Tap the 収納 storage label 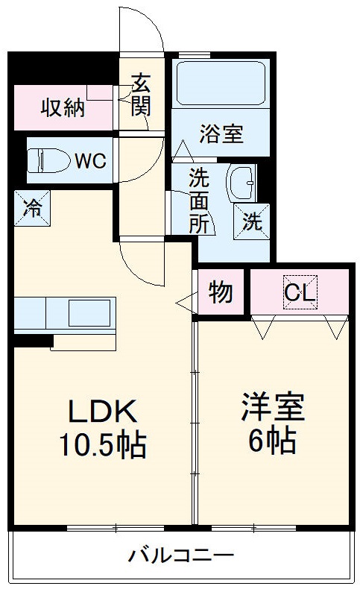pyautogui.click(x=62, y=108)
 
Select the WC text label pyautogui.click(x=89, y=160)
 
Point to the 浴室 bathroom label pyautogui.click(x=221, y=134)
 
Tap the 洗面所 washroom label pyautogui.click(x=198, y=201)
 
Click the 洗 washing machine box pyautogui.click(x=253, y=221)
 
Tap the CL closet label pyautogui.click(x=300, y=292)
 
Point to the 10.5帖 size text pyautogui.click(x=102, y=446)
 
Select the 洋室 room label pyautogui.click(x=272, y=409)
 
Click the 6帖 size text pyautogui.click(x=272, y=442)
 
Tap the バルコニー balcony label pyautogui.click(x=181, y=555)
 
